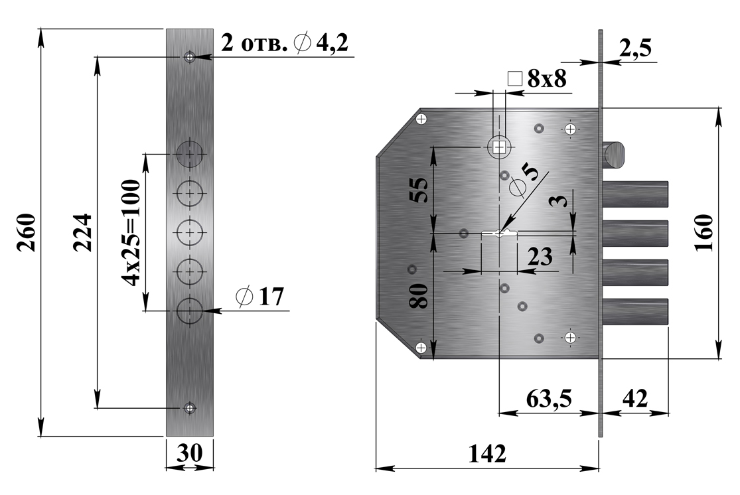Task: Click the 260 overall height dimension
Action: [x=26, y=233]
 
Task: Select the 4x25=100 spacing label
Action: [x=131, y=233]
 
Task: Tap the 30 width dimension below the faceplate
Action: [x=190, y=453]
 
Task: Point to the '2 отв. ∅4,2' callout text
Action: [x=285, y=43]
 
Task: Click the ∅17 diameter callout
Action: [x=260, y=297]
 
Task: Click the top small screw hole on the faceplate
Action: [x=190, y=57]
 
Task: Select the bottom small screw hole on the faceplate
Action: [x=190, y=407]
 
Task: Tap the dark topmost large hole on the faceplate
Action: [x=190, y=153]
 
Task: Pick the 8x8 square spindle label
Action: [x=538, y=79]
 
